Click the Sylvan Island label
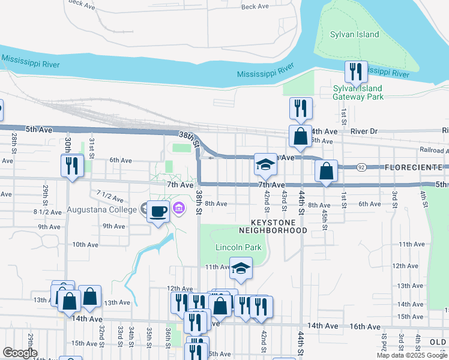click(354, 34)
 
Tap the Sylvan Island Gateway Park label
click(358, 92)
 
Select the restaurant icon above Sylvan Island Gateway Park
click(355, 73)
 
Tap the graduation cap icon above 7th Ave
click(265, 164)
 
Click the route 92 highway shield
click(361, 167)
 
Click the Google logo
click(20, 353)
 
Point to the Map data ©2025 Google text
click(411, 355)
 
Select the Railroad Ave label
click(434, 150)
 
